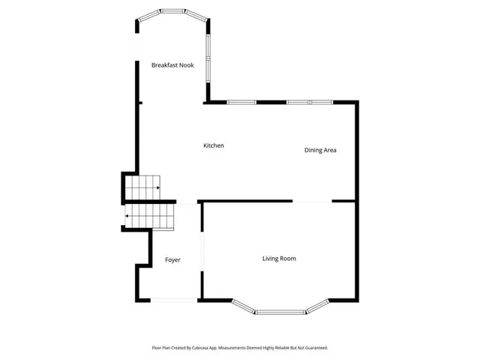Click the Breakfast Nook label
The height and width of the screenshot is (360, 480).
(172, 65)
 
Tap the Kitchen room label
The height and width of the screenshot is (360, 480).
(214, 145)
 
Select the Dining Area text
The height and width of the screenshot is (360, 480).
(320, 150)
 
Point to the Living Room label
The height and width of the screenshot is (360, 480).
(279, 259)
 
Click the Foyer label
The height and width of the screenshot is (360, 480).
(172, 259)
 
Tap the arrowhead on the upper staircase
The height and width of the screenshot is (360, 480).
(157, 187)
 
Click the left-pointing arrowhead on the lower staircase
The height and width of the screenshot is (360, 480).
(127, 216)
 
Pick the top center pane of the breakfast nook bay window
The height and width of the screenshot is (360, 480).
(173, 11)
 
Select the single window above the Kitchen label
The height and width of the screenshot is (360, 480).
(241, 102)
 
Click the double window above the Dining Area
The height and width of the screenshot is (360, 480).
(309, 102)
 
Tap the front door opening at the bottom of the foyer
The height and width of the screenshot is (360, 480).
(174, 300)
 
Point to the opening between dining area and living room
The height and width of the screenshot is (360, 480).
(312, 201)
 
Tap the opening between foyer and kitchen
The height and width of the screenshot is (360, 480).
(187, 201)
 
